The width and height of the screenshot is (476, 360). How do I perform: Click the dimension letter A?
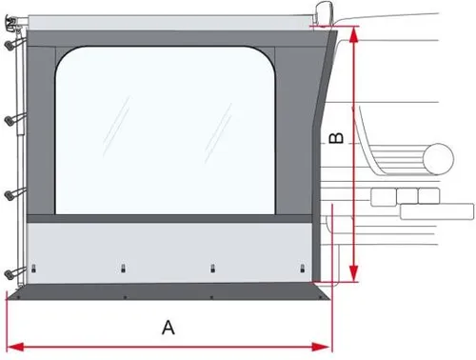point(169,328)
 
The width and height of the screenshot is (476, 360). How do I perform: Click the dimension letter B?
point(335,138)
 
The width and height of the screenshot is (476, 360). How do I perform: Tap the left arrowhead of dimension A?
point(12,344)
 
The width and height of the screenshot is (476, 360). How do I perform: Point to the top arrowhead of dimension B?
point(354,32)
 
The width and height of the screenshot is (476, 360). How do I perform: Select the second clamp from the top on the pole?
point(12,120)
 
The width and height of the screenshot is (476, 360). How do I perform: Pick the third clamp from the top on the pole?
point(12,195)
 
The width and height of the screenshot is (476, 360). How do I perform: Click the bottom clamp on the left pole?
point(12,272)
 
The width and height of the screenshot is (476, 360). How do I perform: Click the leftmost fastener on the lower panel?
point(35,267)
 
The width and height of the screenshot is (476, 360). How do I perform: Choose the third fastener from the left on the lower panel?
point(210,267)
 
